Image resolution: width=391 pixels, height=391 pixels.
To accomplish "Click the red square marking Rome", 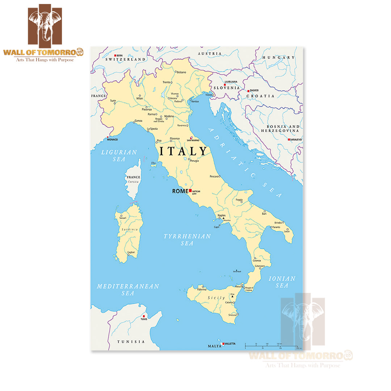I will (190, 190).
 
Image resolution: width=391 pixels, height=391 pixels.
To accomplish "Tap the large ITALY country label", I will (184, 151).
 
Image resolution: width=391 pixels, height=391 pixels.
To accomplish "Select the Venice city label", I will (195, 102).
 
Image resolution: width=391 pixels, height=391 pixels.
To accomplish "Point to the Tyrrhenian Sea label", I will (187, 240).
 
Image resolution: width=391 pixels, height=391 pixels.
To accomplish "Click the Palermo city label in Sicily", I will (202, 290).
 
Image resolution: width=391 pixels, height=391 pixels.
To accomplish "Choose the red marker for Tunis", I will (144, 316).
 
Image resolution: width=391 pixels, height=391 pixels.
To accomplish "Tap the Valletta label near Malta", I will (230, 344).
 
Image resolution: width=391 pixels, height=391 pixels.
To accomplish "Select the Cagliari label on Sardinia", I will (131, 252).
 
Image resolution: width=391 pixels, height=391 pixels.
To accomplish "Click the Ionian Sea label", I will (282, 282).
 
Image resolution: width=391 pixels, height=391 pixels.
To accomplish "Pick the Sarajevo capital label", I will (296, 139).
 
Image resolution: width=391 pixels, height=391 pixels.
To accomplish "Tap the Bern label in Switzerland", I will (119, 55).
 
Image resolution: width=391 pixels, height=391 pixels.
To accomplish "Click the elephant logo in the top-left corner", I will (45, 25).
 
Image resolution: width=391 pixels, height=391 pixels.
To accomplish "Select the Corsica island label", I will (133, 182).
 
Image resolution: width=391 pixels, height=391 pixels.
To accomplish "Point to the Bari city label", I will (264, 214).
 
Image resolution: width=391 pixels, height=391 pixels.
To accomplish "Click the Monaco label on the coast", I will (112, 139).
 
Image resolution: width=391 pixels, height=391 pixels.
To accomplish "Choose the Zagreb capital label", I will (255, 90).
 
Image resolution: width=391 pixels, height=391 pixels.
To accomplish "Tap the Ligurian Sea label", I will (119, 156).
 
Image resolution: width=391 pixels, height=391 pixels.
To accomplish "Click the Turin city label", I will (113, 101).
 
